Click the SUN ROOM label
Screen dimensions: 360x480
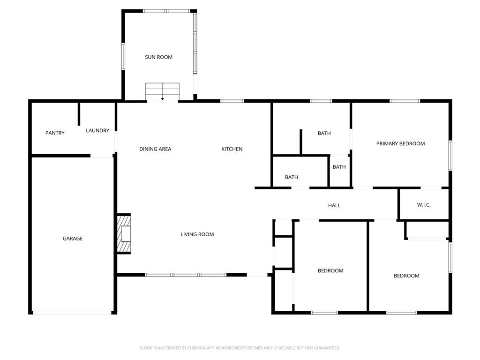point(158,57)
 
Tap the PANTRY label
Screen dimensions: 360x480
point(55,133)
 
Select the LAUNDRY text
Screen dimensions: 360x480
point(97,131)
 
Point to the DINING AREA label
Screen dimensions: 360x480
point(155,149)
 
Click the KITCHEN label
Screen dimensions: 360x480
point(232,149)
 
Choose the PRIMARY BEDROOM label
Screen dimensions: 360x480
point(400,143)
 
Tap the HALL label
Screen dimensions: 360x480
point(334,205)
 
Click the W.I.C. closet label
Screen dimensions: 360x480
point(424,205)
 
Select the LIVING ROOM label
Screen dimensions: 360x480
point(197,234)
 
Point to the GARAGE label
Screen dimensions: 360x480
point(73,239)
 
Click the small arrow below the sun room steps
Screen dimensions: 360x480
point(162,98)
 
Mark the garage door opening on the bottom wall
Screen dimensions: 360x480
point(72,313)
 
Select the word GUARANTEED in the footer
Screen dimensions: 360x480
point(324,348)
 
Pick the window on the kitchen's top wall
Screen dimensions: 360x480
point(232,101)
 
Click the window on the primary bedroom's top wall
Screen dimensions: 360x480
point(405,101)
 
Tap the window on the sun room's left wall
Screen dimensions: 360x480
point(124,56)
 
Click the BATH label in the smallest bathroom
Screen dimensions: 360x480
point(339,167)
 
